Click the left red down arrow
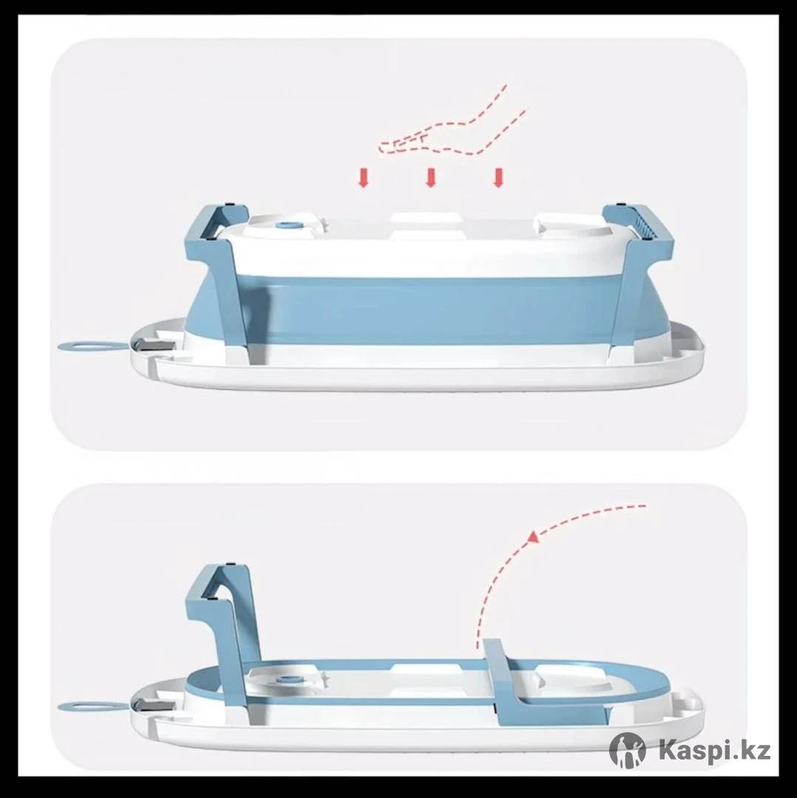point(363,177)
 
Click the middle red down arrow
point(431,177)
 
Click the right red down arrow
point(498,177)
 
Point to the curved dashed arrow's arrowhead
point(533,536)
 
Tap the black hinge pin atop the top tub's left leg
point(228,205)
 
